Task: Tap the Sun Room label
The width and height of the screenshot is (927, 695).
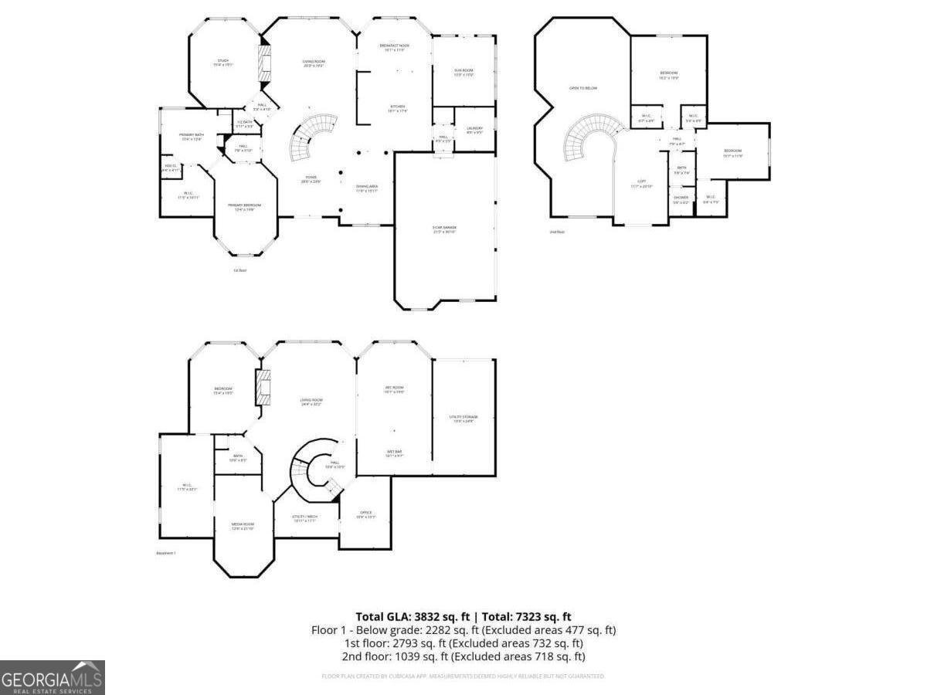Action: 463,72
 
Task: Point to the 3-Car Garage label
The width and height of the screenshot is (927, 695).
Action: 444,229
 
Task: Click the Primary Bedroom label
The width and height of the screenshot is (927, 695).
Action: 244,206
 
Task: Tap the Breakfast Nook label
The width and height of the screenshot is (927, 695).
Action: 394,47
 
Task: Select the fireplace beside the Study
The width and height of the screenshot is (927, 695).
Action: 265,62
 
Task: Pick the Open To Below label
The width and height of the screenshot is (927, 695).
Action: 583,88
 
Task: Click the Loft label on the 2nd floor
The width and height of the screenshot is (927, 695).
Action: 641,184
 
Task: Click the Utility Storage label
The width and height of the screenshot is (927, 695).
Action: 461,418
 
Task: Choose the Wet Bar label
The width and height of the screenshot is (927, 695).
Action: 394,453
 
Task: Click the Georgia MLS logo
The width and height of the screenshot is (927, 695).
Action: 52,678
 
